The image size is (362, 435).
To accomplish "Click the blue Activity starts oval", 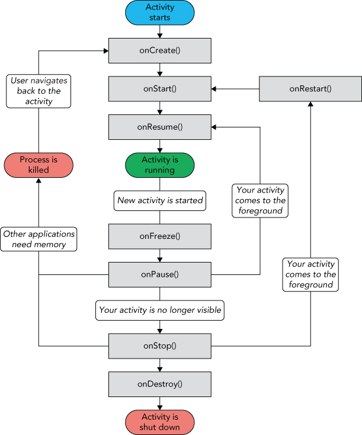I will [x=159, y=12].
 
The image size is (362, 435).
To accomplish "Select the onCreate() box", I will [x=159, y=50].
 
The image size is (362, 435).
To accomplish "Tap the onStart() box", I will [x=159, y=88].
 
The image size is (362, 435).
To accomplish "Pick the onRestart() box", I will [x=310, y=88].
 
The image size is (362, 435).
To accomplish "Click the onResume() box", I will [x=159, y=126].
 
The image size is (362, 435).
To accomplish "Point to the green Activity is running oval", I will [x=159, y=165].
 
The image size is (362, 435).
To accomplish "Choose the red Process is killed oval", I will [x=39, y=165].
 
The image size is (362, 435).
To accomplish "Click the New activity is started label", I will [x=160, y=200].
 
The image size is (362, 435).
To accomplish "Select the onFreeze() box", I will [x=159, y=236].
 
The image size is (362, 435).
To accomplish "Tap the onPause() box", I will [x=159, y=274].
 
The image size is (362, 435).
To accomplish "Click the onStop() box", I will [x=159, y=346].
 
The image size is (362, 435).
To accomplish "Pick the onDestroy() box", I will [x=159, y=383].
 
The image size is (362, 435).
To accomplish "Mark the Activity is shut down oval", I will [x=160, y=422].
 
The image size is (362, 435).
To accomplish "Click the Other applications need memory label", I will [x=39, y=239].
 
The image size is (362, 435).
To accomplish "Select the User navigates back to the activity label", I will [x=39, y=91].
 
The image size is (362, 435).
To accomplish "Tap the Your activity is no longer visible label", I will [x=160, y=309].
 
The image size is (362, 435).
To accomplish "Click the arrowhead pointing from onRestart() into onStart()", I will [x=214, y=89].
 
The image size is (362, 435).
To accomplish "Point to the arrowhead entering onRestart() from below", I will [x=310, y=104].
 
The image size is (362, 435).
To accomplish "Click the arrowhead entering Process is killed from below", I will [x=39, y=181].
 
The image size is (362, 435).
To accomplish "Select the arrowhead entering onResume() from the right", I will [x=214, y=127].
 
